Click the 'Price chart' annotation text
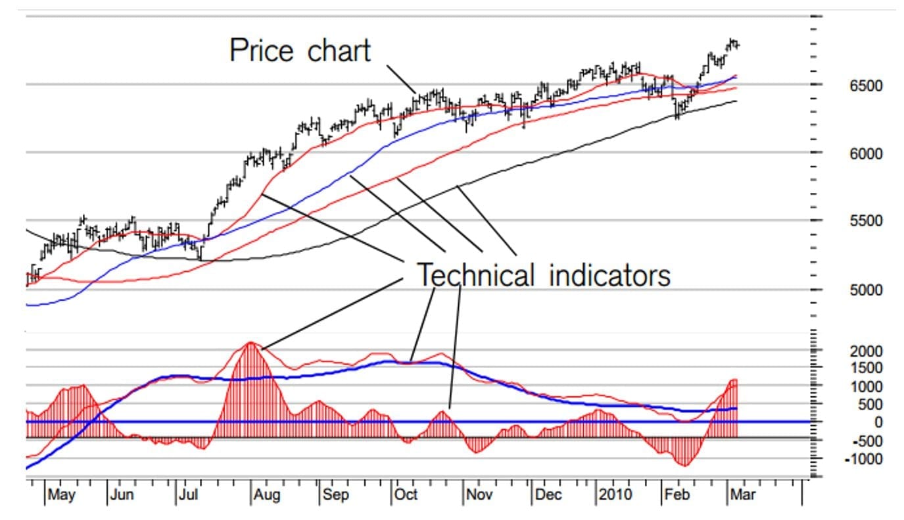coord(300,50)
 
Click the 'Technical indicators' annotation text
coord(544,274)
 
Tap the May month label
coord(62,495)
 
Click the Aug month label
coord(267,495)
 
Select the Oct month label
coord(406,495)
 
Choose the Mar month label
coord(742,495)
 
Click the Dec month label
coord(548,495)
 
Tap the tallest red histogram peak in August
coord(250,343)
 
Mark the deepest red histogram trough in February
coord(685,465)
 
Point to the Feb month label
coord(678,495)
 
